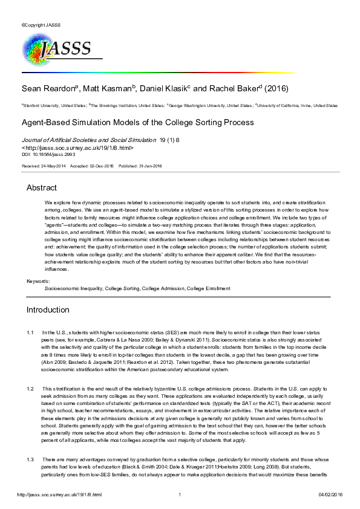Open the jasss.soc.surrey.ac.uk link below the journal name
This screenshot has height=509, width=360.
point(78,148)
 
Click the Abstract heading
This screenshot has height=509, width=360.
point(41,188)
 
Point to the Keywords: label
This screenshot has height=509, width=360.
point(38,282)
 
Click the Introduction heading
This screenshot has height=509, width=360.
point(48,310)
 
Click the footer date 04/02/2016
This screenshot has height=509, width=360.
point(330,494)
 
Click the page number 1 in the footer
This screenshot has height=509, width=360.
point(180,494)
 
